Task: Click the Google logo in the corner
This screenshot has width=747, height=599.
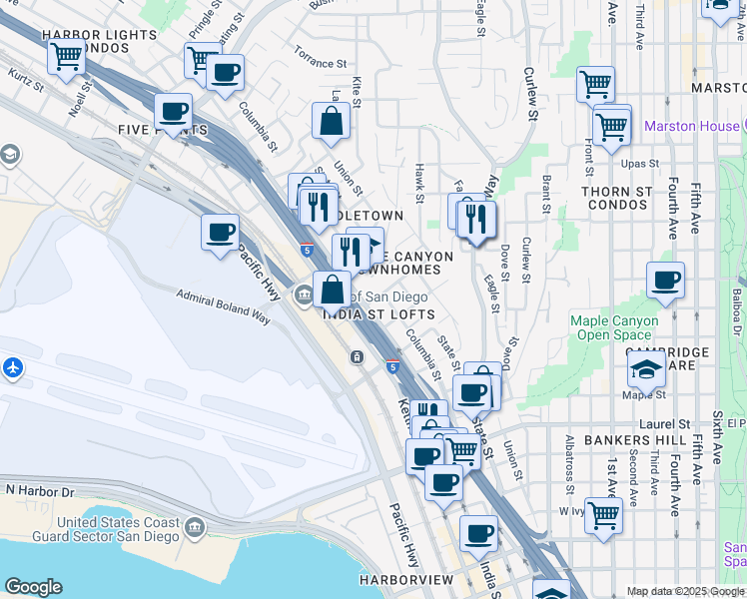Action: [x=33, y=587]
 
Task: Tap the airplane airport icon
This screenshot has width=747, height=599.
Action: [x=13, y=367]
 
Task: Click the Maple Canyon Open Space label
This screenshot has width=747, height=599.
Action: [x=614, y=327]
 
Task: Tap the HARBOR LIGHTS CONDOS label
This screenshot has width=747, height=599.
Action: [x=99, y=41]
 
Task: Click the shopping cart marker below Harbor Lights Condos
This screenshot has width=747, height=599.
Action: [x=67, y=58]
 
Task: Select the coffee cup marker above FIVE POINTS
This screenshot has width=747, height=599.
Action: [x=173, y=112]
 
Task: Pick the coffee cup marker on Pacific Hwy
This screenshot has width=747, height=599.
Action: [x=220, y=234]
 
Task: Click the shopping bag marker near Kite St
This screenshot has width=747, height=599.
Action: [x=331, y=122]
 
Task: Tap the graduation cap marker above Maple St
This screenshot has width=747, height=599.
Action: [x=646, y=368]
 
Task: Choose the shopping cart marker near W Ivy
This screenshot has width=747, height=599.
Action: [x=603, y=516]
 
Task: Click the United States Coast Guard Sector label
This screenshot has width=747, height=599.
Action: [x=118, y=529]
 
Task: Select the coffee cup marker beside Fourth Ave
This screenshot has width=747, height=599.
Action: [x=665, y=281]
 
